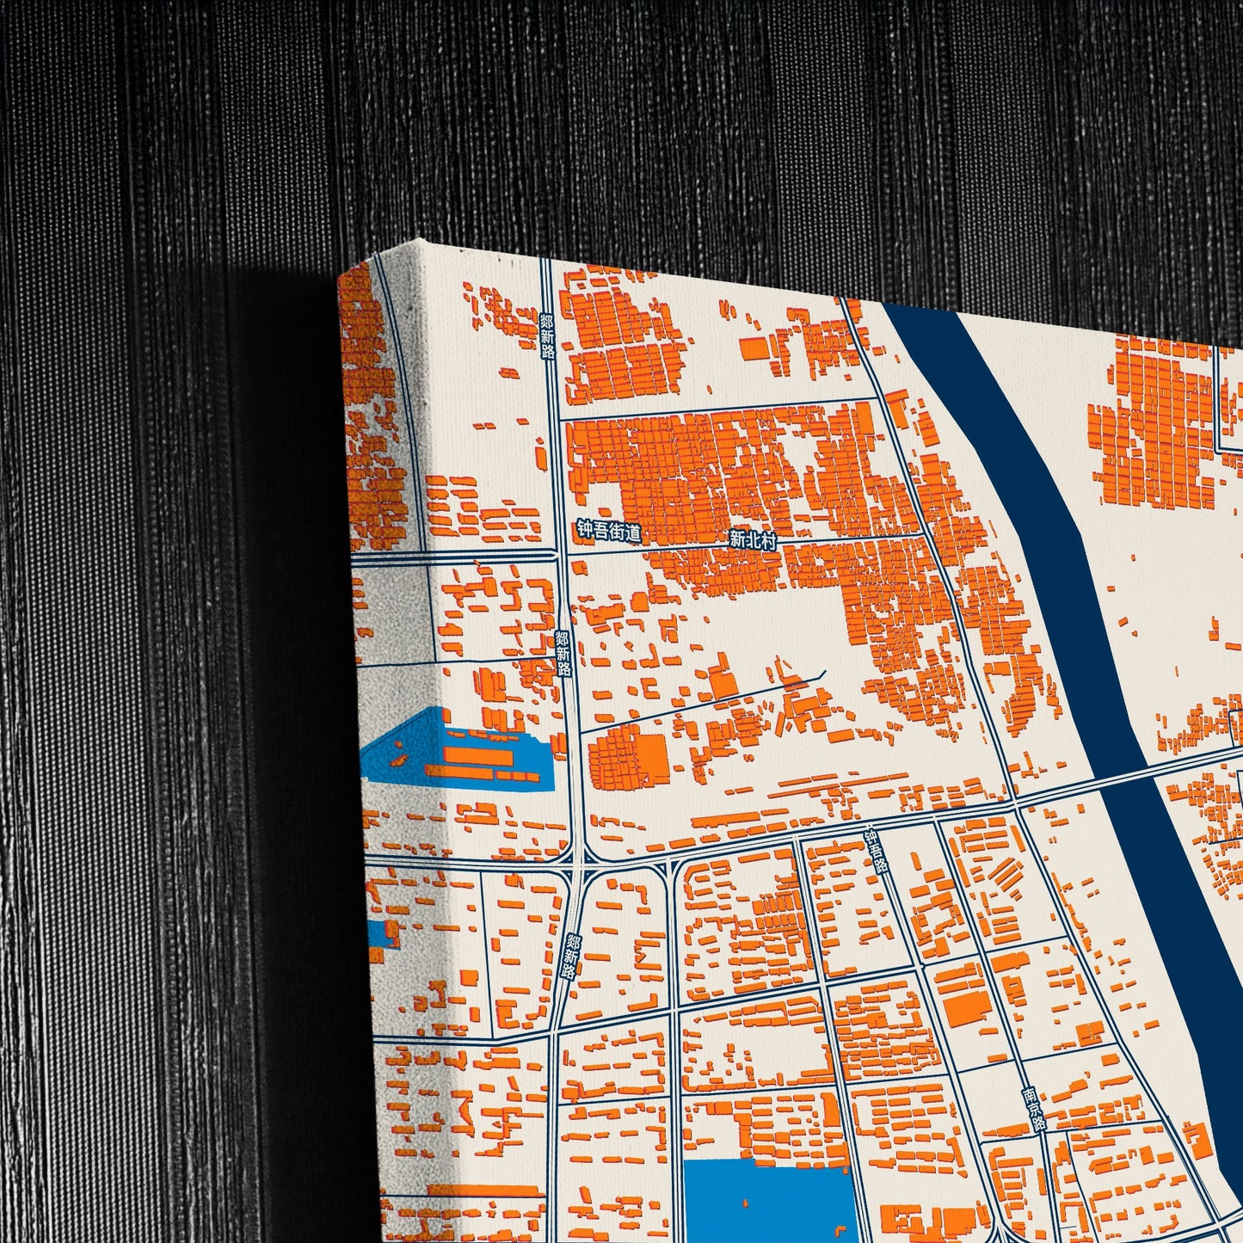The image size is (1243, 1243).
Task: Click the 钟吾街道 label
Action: pyautogui.click(x=609, y=532)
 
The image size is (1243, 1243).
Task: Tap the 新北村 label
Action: pyautogui.click(x=752, y=540)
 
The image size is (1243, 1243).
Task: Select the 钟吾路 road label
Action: pyautogui.click(x=876, y=852)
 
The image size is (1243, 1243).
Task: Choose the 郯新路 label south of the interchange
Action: pyautogui.click(x=569, y=956)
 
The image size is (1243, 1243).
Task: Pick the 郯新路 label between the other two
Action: pyautogui.click(x=563, y=654)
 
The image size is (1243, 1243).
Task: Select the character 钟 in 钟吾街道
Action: pyautogui.click(x=585, y=530)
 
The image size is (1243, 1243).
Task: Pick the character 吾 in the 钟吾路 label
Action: pyautogui.click(x=876, y=852)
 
